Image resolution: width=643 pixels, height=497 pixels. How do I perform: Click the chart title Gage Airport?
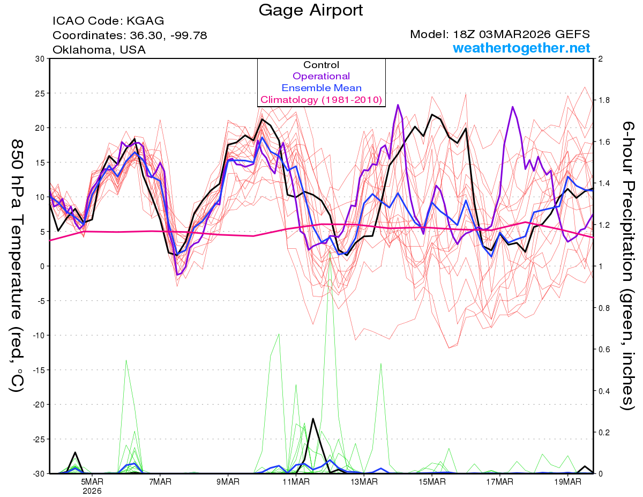310,10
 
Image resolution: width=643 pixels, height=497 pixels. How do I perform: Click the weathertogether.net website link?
521,48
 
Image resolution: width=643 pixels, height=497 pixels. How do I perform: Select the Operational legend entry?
321,76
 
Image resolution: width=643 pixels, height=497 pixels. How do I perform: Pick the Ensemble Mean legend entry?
321,88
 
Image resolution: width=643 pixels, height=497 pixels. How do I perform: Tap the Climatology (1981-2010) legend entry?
321,100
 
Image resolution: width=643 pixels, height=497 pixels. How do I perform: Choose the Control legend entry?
321,65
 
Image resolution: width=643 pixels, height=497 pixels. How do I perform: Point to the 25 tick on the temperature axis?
39,93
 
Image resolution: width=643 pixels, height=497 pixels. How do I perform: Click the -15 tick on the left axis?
38,370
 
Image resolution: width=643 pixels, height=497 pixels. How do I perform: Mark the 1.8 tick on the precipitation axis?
604,100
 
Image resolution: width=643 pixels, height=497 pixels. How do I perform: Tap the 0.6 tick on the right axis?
604,349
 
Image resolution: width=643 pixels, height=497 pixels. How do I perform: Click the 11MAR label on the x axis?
296,482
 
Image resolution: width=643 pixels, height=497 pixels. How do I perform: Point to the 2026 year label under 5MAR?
92,491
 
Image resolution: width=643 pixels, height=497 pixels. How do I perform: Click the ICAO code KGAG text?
108,21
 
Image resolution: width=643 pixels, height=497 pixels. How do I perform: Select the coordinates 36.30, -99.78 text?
130,35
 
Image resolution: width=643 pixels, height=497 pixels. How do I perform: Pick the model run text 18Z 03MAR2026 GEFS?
500,34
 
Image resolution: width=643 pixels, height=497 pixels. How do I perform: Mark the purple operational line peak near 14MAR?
398,105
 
